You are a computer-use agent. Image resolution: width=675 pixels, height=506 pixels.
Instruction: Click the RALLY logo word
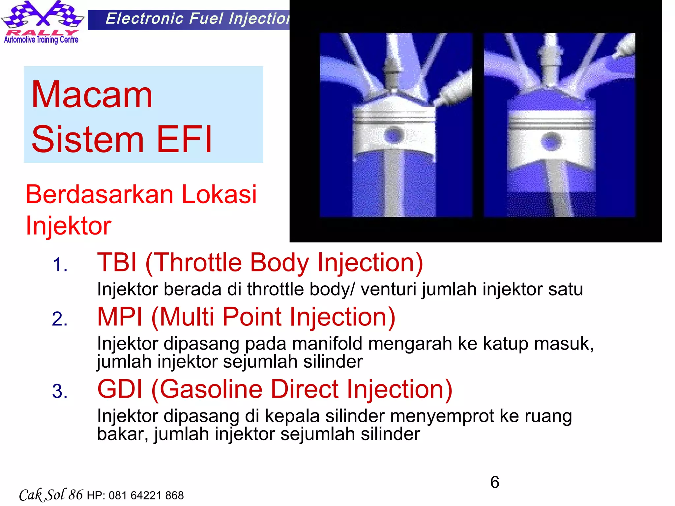(42, 32)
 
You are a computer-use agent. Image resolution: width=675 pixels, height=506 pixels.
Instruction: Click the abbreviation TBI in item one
(117, 263)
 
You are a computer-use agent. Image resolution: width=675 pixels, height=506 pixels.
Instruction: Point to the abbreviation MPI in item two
(120, 317)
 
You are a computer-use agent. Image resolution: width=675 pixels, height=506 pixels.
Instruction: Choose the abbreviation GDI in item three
(120, 389)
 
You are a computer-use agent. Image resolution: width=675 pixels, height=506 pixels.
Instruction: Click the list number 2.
(59, 319)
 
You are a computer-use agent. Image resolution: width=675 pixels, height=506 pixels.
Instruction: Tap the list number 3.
(59, 392)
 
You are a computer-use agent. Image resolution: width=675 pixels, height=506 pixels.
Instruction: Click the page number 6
(494, 482)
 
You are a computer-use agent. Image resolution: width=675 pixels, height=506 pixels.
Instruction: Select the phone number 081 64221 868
(146, 495)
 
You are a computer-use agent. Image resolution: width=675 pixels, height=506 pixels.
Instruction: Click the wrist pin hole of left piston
(394, 135)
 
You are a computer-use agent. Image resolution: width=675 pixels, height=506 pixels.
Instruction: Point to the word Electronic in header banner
(144, 19)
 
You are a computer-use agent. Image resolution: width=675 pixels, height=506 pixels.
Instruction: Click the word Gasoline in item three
(211, 389)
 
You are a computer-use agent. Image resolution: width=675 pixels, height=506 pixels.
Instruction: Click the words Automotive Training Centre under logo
(41, 40)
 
